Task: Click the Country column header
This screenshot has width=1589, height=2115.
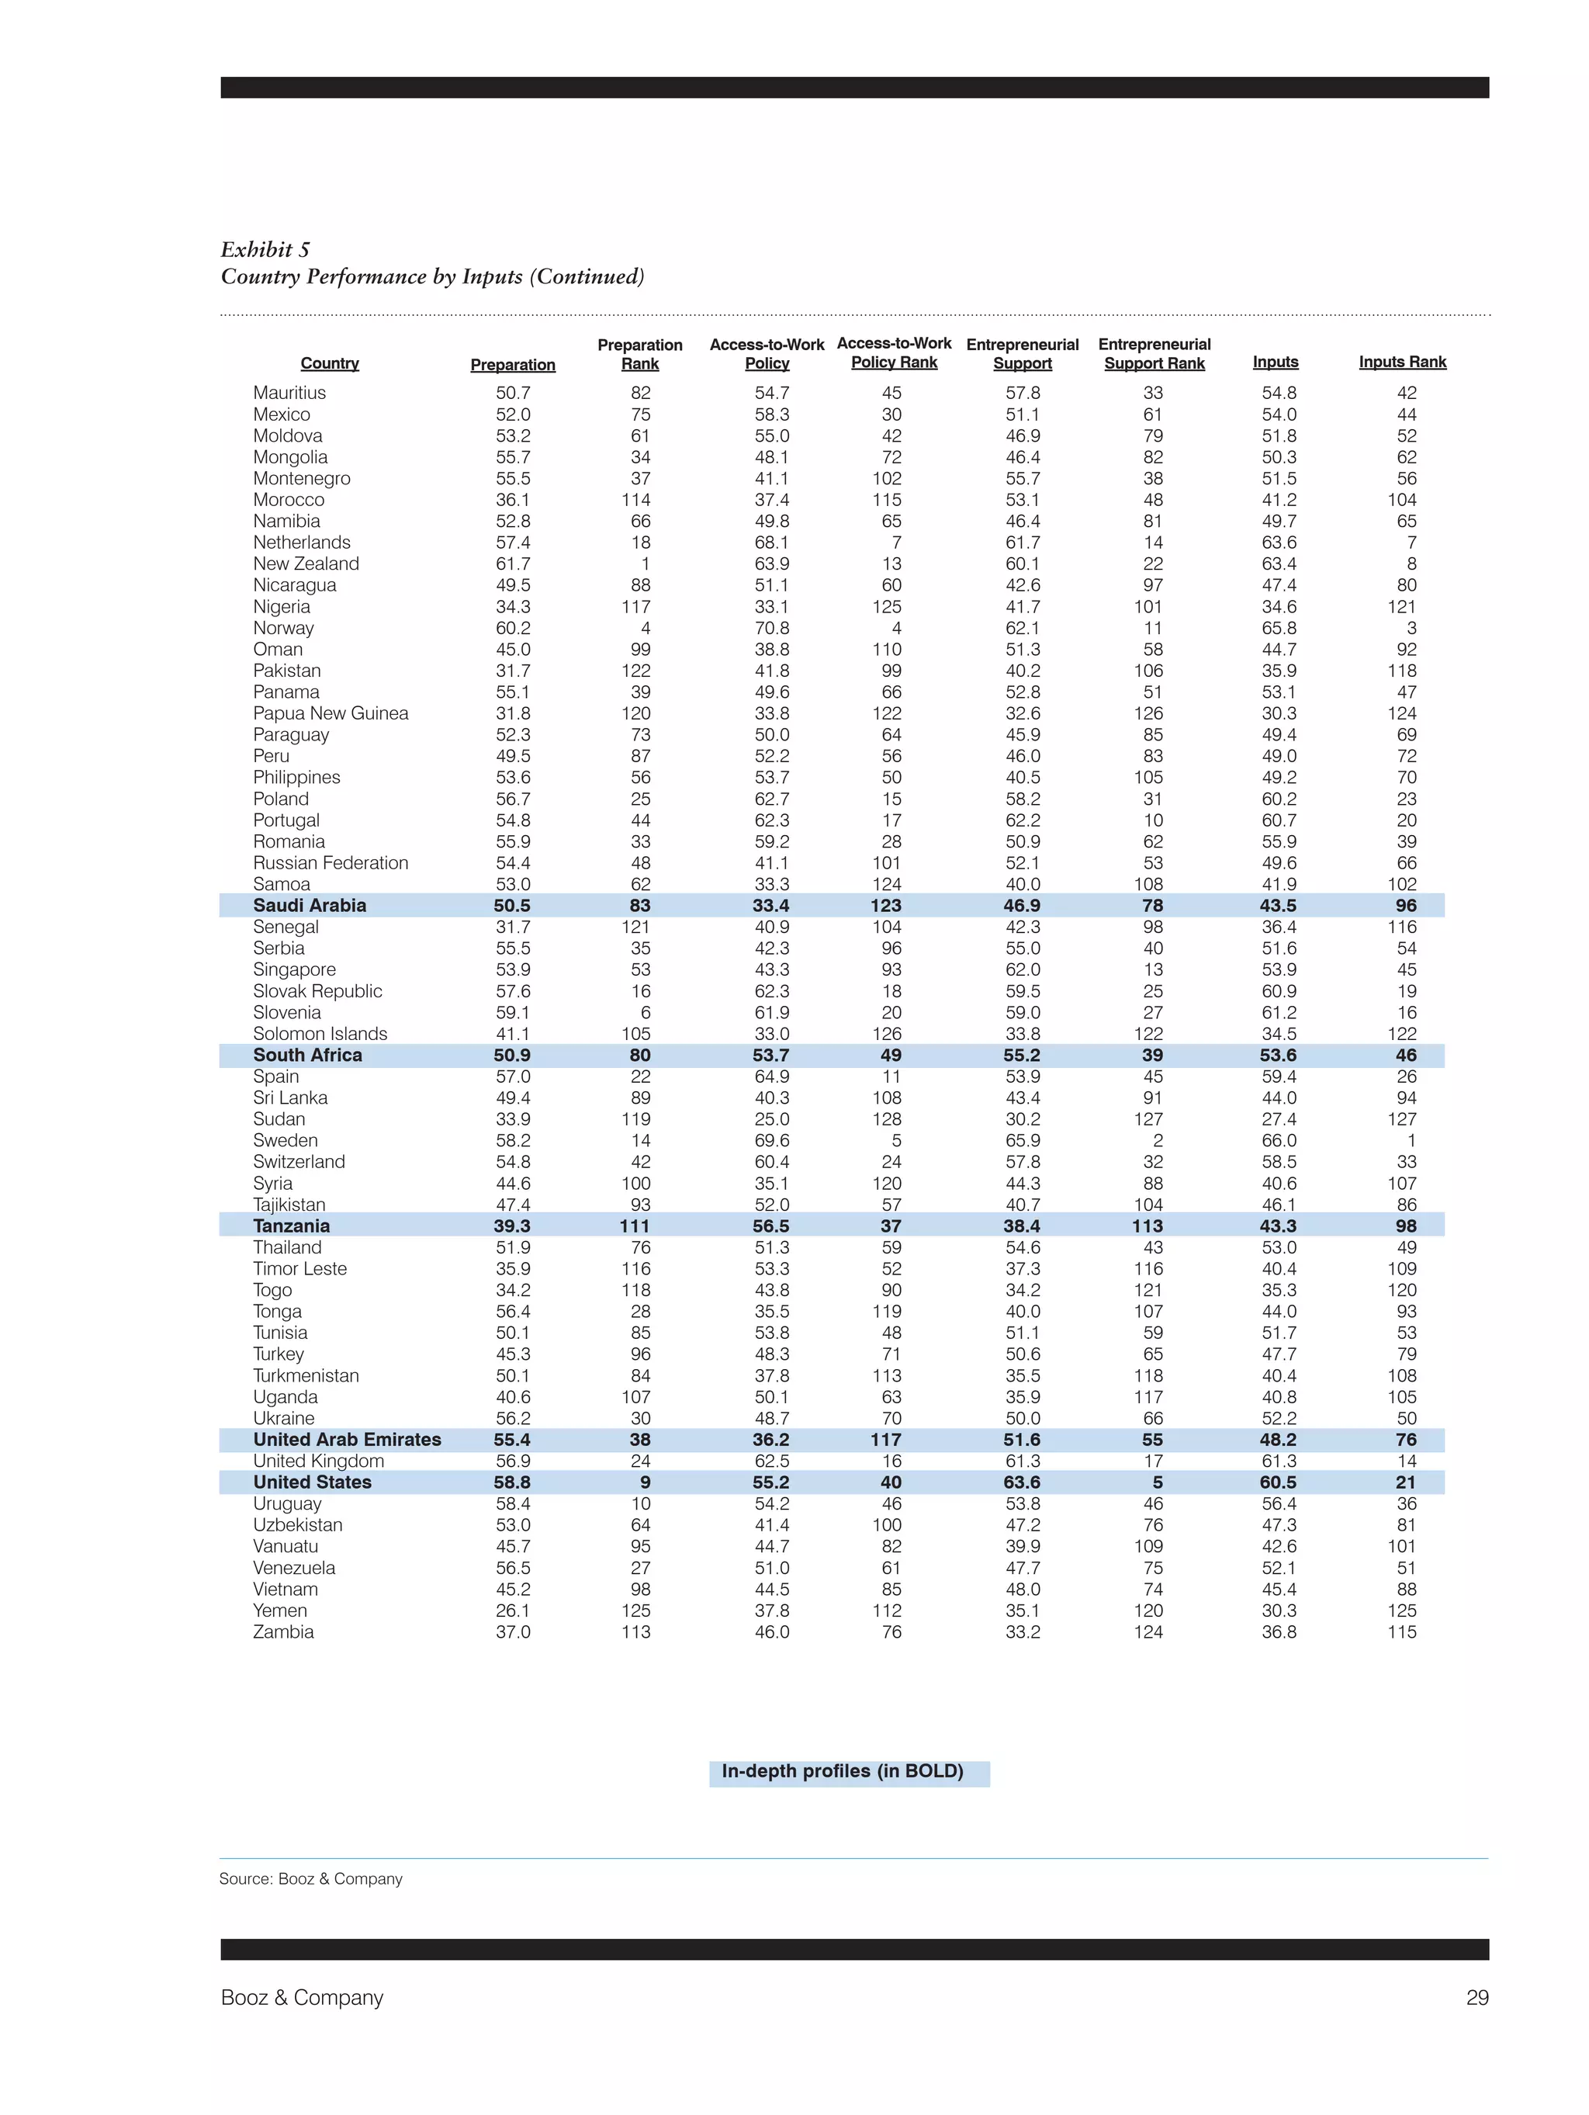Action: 330,363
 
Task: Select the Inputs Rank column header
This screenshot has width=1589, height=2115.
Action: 1401,362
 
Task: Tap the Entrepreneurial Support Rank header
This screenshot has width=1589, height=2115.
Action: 1154,354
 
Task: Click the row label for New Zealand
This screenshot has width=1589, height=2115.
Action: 306,564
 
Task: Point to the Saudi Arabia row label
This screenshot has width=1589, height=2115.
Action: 310,906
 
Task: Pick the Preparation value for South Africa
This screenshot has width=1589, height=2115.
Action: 512,1056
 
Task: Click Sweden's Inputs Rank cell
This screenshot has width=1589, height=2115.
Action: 1411,1141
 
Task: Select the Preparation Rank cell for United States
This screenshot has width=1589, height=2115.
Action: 645,1483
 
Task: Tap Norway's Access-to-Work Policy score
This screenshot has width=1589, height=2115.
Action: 771,628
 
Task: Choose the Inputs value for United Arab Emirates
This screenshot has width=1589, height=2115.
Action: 1279,1440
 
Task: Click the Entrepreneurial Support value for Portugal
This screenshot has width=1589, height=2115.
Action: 1022,820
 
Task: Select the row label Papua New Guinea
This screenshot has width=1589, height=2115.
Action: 331,713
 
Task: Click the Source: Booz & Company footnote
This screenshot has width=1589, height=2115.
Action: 310,1879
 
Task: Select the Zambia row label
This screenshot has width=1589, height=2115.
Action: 283,1632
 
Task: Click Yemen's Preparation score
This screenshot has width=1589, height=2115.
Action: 512,1611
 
